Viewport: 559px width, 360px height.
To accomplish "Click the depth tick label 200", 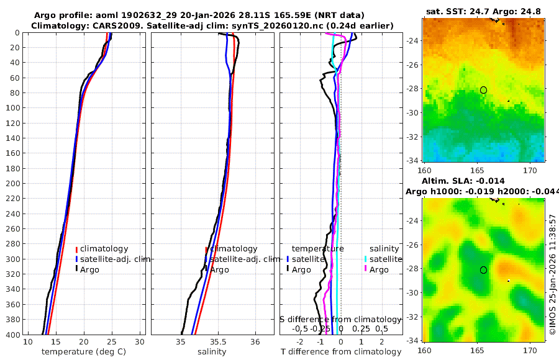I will (x=12, y=184).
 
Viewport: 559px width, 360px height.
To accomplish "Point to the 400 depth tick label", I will (x=12, y=335).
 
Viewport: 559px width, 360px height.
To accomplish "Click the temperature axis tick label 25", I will (x=112, y=342).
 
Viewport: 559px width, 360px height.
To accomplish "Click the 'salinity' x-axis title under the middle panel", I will (x=211, y=352).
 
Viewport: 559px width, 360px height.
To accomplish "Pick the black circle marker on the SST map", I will (x=483, y=90).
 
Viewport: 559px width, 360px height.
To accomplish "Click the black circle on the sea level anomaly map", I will (x=483, y=270).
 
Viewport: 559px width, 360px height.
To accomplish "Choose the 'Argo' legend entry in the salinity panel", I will (x=219, y=270).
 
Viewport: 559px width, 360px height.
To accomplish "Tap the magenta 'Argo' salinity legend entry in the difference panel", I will (x=378, y=270).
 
